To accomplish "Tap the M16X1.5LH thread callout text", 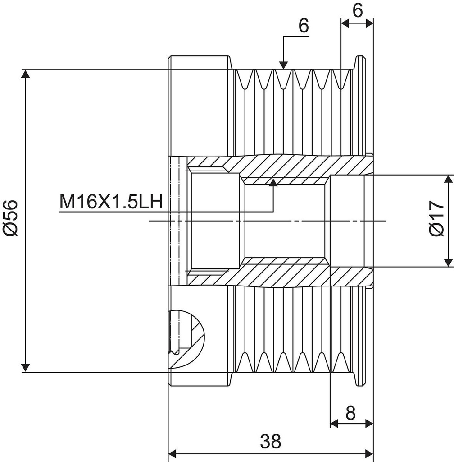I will [111, 202].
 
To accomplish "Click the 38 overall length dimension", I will [270, 441].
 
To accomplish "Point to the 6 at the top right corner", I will [358, 10].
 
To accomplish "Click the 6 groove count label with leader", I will [304, 26].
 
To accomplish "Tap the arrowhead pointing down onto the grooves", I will [283, 65].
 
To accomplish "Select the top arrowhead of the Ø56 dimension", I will [26, 74].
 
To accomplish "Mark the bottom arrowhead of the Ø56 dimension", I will [26, 367].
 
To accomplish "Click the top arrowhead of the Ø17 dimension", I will [448, 179].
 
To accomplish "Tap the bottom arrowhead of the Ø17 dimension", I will [448, 262].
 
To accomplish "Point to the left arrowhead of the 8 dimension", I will [335, 423].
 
